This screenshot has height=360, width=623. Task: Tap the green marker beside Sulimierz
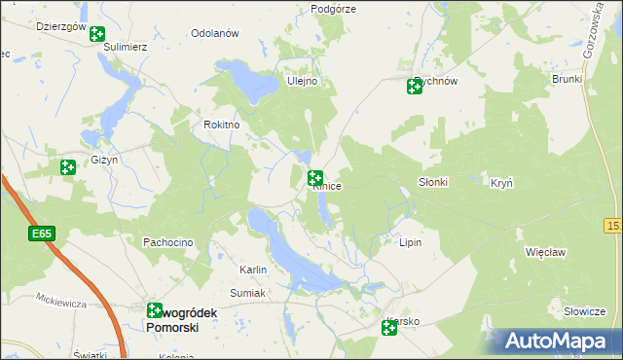[97, 35]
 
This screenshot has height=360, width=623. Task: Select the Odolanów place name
[215, 33]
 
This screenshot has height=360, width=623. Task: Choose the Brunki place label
[566, 79]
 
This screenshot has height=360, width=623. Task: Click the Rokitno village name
[221, 125]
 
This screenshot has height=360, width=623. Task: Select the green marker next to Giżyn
[67, 167]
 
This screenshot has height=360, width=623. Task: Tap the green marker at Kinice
[315, 178]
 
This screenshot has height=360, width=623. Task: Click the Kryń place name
[501, 182]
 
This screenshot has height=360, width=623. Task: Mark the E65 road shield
[41, 234]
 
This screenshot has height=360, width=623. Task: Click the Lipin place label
[410, 242]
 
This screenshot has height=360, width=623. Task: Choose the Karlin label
[253, 270]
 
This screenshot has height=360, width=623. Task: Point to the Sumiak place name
[248, 292]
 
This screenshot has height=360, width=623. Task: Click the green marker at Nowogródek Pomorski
[155, 310]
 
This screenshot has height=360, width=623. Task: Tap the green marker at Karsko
[389, 329]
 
